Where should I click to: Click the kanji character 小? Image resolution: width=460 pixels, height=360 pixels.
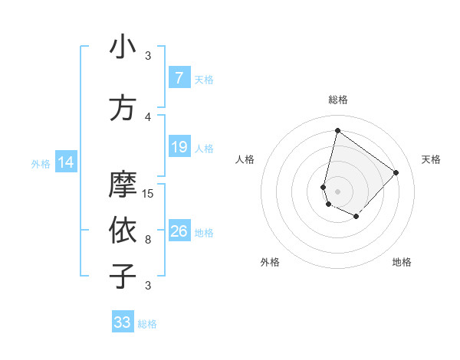pos(123,47)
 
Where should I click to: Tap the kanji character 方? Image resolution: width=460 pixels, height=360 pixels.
pos(123,108)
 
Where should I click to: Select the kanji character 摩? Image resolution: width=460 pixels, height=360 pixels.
pos(123,185)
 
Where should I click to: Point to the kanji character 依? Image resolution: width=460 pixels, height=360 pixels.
pos(123,231)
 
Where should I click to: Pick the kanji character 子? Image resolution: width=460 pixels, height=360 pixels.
pos(123,276)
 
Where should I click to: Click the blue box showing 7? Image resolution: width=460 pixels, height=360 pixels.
pos(179,78)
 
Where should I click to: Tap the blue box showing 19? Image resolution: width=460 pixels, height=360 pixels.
pos(179,147)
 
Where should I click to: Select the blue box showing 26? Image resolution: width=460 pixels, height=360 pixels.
pos(179,231)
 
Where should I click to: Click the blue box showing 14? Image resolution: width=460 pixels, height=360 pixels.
pos(65,162)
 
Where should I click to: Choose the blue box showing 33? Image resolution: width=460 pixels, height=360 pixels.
pos(123,322)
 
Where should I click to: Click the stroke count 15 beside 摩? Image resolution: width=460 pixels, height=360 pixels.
pos(149,194)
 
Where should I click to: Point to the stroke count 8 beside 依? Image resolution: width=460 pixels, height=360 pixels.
pos(148,240)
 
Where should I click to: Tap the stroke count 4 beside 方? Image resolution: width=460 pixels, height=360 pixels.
pos(148,117)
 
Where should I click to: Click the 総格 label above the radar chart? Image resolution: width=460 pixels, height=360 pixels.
pos(338,100)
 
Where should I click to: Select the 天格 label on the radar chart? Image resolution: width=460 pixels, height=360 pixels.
pos(432,159)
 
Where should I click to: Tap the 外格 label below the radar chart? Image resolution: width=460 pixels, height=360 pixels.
pos(270,263)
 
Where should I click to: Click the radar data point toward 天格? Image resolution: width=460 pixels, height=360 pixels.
pos(396,173)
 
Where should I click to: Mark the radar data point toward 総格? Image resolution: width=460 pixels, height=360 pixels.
pos(337,130)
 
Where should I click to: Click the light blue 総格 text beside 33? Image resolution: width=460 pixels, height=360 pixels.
pos(147,324)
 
